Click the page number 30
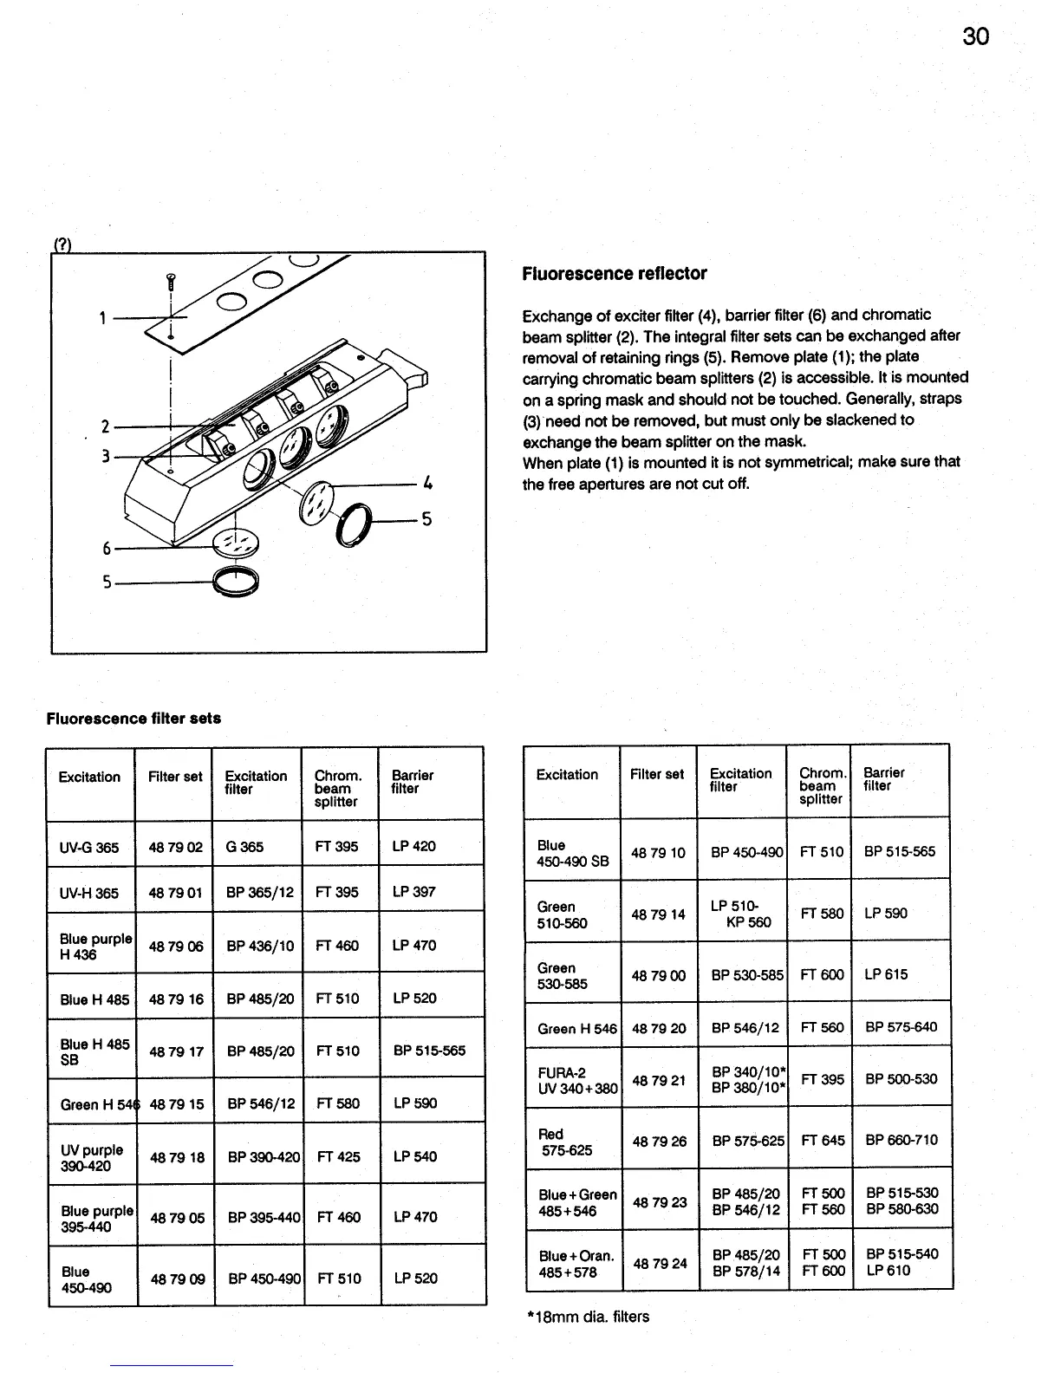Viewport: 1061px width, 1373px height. pos(975,36)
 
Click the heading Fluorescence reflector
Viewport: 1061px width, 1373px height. pos(614,274)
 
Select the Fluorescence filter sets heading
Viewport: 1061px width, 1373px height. pos(133,719)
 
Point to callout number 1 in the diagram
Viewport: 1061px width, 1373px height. pos(102,318)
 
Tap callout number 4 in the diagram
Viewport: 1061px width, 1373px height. pos(427,483)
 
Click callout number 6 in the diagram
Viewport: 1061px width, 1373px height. pos(107,548)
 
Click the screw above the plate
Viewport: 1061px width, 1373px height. pos(171,280)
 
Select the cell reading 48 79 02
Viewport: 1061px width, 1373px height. pos(175,847)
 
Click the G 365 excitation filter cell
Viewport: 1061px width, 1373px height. pos(244,847)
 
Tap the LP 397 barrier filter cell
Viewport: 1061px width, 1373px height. pos(413,891)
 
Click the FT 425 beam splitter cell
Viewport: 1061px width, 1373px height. pos(338,1156)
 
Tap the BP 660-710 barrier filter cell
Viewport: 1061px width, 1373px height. pos(901,1140)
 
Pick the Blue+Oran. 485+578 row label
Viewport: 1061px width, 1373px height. pos(576,1263)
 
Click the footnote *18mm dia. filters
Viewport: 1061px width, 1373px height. pos(588,1317)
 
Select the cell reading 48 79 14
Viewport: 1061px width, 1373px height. pos(658,914)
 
